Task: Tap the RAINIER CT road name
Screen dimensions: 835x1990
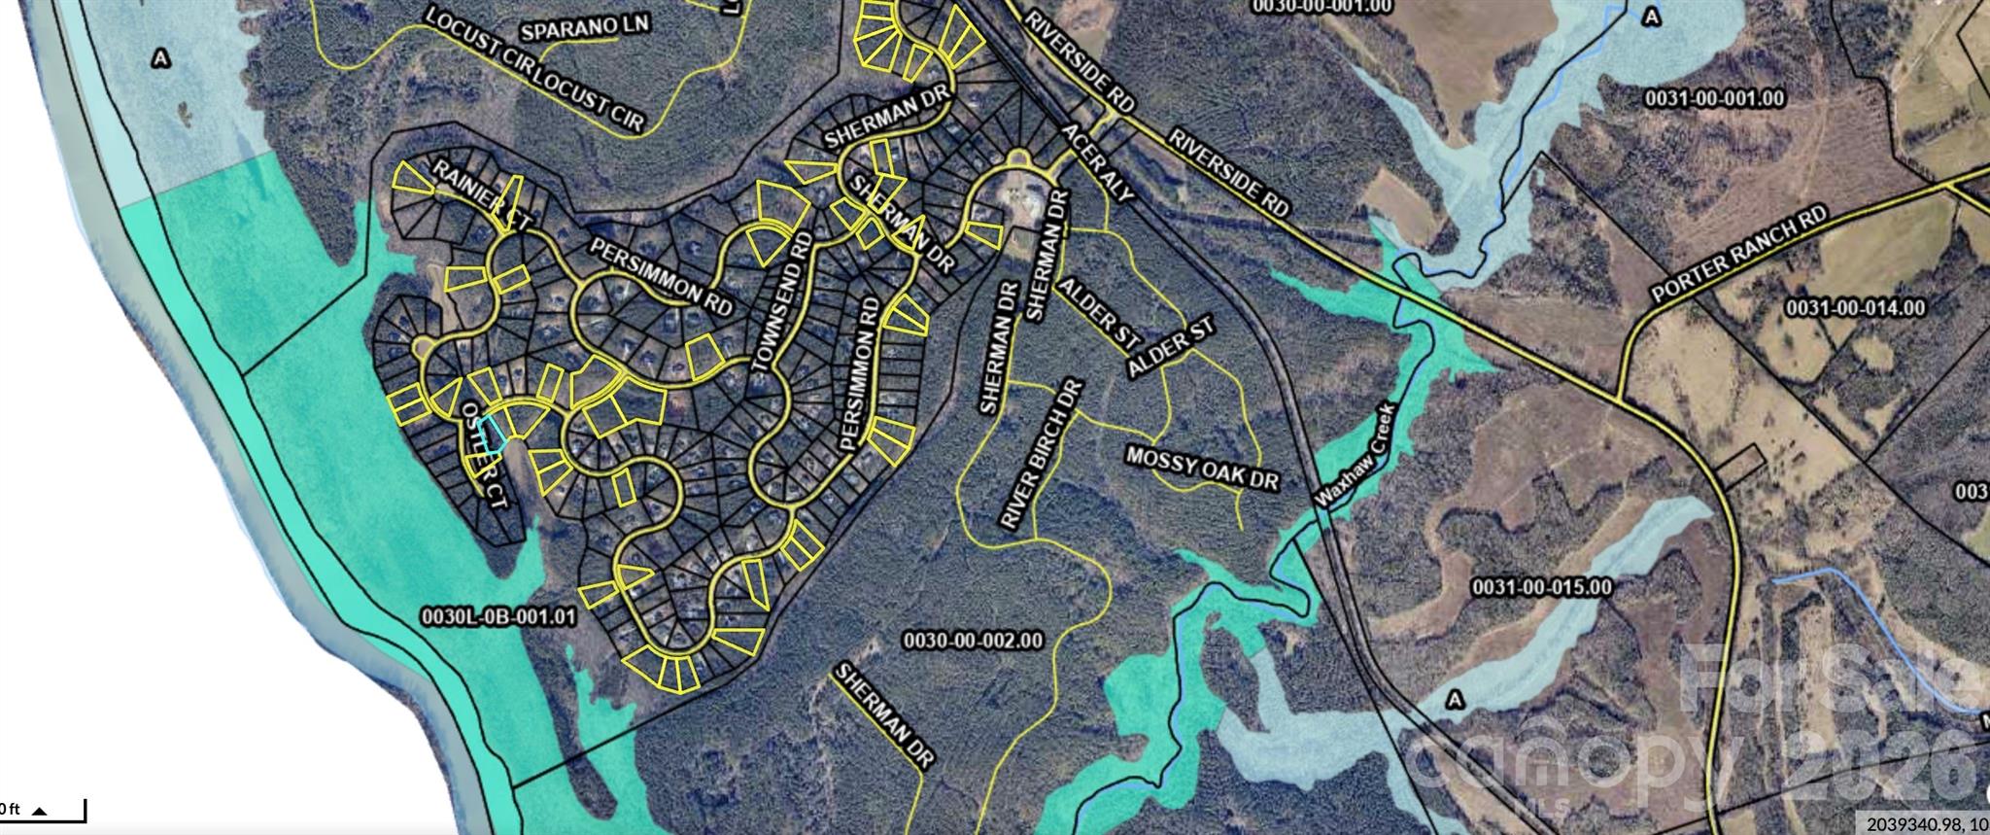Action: [x=483, y=195]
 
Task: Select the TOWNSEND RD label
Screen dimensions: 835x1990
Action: [x=780, y=302]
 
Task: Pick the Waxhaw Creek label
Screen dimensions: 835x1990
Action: [x=1355, y=454]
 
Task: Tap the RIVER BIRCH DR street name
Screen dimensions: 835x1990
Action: [x=1038, y=453]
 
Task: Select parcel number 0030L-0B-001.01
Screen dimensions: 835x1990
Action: [x=498, y=617]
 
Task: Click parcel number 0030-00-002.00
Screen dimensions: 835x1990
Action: [x=973, y=641]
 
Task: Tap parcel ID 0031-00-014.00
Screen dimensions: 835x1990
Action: [x=1855, y=308]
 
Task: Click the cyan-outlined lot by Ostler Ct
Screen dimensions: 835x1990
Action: [x=497, y=432]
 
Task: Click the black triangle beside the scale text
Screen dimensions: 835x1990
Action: [x=41, y=809]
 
